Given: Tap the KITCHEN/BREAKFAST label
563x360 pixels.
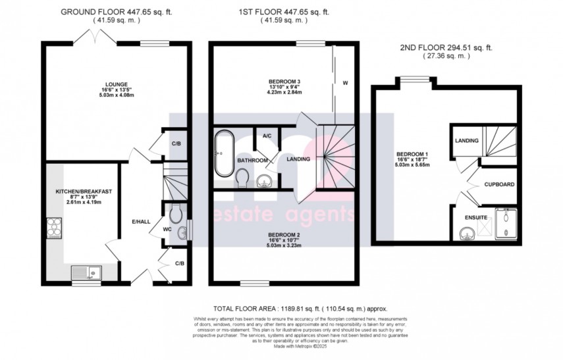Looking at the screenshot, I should (83, 191).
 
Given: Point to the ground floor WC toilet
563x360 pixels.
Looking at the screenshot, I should (174, 213).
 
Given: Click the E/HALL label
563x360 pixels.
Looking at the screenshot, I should (139, 220).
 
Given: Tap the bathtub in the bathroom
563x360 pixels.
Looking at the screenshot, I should (222, 154).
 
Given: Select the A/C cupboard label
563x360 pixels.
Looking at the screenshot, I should (267, 136).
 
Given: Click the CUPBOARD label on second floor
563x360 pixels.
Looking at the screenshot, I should (500, 185).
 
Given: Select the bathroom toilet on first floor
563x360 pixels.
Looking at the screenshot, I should (242, 176).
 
